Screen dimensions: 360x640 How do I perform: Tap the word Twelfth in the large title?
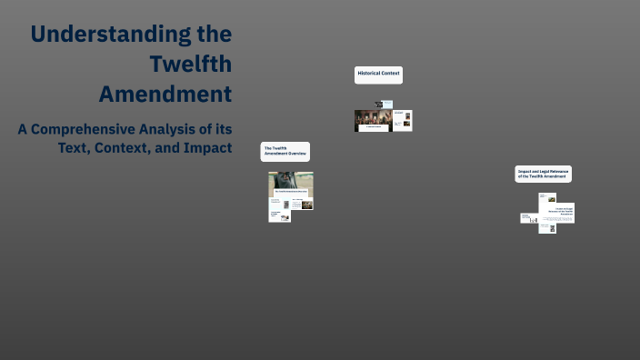coord(192,65)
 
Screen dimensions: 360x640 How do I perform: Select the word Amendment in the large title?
coord(165,95)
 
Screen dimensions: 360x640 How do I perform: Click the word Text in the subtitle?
coord(73,147)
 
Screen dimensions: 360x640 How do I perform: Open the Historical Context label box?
coord(378,75)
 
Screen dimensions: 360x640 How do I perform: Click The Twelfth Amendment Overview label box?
coord(285,152)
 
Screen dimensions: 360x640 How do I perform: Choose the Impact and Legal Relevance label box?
coord(543,173)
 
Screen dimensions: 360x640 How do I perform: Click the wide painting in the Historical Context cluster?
coord(373,120)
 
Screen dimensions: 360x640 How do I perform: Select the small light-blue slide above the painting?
coord(386,105)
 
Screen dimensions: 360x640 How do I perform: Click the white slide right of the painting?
coord(403,120)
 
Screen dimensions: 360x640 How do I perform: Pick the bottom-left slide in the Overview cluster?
coord(279,215)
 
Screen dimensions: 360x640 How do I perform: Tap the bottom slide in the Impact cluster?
coord(546,227)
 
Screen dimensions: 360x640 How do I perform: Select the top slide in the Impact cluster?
coord(556,213)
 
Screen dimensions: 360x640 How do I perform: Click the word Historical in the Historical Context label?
coord(369,72)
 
